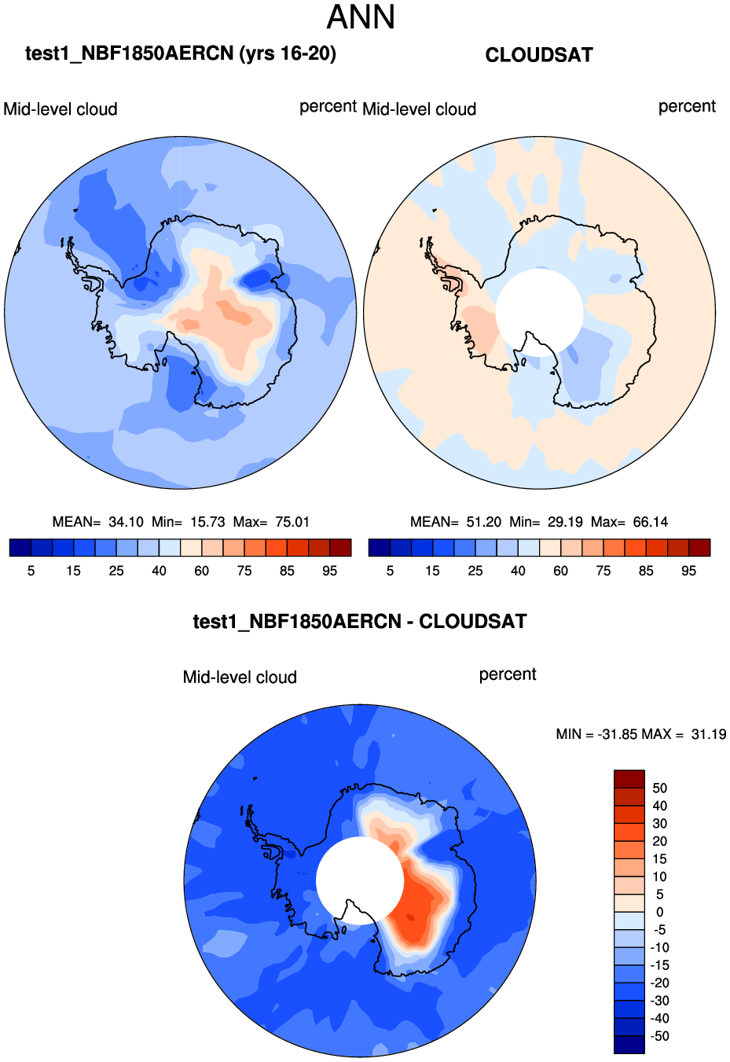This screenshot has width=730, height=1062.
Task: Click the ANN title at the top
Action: point(361,17)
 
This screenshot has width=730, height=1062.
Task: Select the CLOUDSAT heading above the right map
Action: point(539,55)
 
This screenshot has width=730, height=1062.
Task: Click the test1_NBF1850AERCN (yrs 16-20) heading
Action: point(181,53)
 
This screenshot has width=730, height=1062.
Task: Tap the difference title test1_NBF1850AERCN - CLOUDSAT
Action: point(360,622)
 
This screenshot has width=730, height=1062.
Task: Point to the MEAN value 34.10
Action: point(126,522)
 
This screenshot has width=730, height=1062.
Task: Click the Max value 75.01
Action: point(292,522)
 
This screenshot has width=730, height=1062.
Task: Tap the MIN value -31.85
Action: point(618,734)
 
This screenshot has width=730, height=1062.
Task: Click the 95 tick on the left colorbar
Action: point(330,571)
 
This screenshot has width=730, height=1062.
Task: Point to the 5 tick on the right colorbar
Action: point(390,571)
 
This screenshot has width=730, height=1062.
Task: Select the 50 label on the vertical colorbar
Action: point(659,788)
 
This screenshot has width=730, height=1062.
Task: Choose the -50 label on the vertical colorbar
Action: point(659,1036)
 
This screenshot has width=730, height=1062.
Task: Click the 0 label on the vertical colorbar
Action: point(659,913)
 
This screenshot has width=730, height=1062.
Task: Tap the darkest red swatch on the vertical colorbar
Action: point(629,779)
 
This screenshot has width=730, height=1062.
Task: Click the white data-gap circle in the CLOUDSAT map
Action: point(540,312)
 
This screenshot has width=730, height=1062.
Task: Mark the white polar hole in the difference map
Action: point(360,880)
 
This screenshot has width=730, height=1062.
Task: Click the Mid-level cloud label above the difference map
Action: point(240,678)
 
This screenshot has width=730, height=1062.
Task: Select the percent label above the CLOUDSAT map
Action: point(687,107)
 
